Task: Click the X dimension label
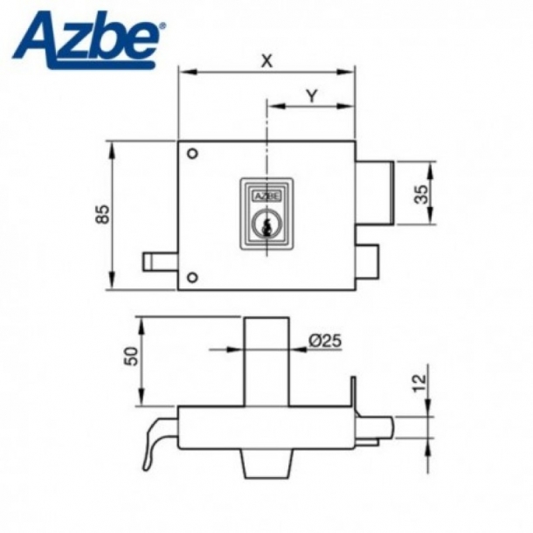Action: (x=266, y=60)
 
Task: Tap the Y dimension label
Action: (x=311, y=96)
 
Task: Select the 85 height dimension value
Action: (x=101, y=215)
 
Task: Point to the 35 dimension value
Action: (x=422, y=193)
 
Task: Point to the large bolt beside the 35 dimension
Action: (x=375, y=192)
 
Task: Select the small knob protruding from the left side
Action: (x=159, y=261)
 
